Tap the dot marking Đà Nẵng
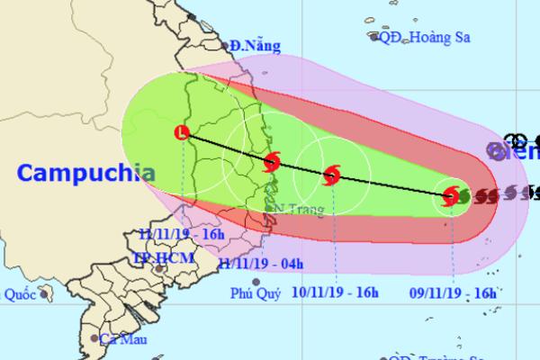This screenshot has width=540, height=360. [x=221, y=44]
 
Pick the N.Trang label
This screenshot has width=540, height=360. [x=293, y=210]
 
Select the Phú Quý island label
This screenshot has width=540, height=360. [x=256, y=292]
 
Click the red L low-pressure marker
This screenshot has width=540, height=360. [x=183, y=133]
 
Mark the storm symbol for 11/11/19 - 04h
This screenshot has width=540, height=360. [x=272, y=163]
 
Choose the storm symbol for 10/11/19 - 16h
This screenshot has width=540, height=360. [x=331, y=174]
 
